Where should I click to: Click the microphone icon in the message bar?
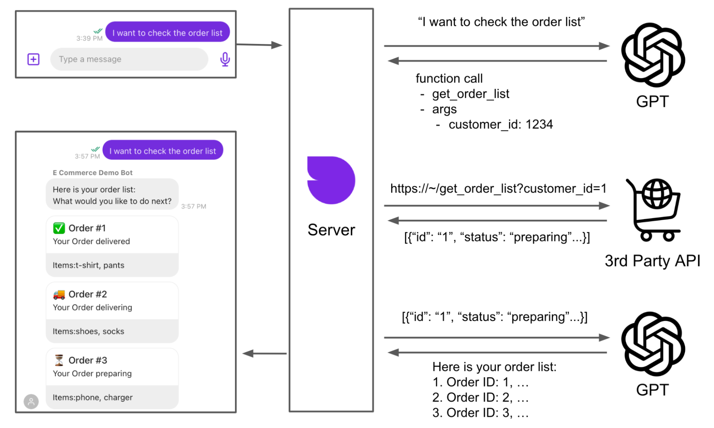(225, 59)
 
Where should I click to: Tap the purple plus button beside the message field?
(34, 59)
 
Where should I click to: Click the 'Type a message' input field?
(129, 59)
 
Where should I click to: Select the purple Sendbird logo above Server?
(331, 180)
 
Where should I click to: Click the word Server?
(331, 230)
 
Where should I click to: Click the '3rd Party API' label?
(652, 261)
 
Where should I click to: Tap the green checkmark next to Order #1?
(59, 228)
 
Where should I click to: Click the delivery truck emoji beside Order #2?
(59, 294)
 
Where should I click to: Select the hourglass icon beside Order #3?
(59, 360)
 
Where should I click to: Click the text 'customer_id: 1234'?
(500, 124)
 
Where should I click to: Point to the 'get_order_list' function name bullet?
(470, 94)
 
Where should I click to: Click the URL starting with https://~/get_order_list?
(498, 188)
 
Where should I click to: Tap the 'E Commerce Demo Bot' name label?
(93, 173)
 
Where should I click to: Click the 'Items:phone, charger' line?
(93, 397)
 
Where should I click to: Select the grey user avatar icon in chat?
(31, 402)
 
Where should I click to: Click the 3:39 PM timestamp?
(89, 38)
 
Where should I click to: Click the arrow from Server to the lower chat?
(264, 354)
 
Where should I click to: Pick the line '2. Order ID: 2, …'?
(480, 397)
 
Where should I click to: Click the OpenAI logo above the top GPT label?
(653, 55)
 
